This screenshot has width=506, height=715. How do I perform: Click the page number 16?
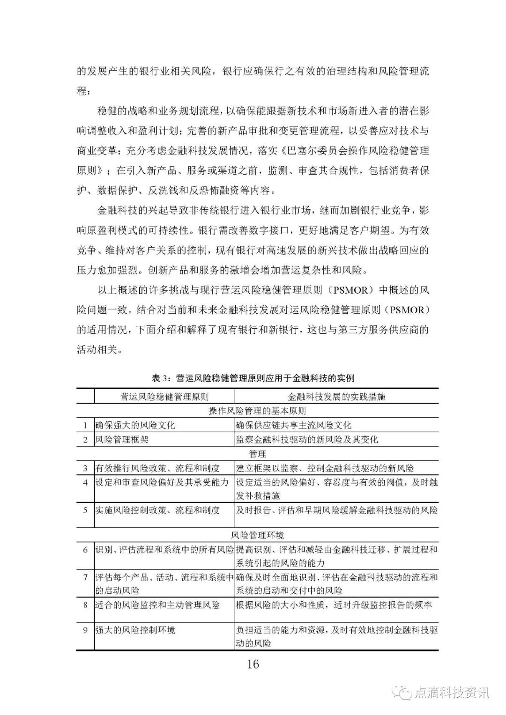(x=253, y=664)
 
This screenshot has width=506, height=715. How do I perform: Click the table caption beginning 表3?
(x=253, y=378)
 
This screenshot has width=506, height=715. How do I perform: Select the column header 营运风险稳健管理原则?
(x=164, y=397)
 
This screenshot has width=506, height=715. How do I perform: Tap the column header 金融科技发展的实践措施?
(x=336, y=397)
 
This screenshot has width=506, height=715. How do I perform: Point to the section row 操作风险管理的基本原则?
(x=257, y=411)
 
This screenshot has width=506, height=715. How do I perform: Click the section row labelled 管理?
(x=257, y=453)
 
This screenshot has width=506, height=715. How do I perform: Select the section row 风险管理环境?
(x=257, y=535)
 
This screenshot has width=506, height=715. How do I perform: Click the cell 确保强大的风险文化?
(x=135, y=425)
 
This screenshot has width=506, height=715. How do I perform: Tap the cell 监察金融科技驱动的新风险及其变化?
(x=306, y=439)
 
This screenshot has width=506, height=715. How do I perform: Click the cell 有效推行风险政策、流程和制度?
(x=157, y=468)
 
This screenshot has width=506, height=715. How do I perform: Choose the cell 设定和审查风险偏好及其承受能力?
(x=162, y=482)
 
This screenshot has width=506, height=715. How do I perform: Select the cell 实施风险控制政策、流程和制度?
(x=157, y=510)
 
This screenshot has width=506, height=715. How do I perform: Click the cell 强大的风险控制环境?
(x=135, y=630)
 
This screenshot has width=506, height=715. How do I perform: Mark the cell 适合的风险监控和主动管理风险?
(x=157, y=605)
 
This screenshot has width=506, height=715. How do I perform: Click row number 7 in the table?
(x=85, y=577)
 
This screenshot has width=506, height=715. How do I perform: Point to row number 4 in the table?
(x=85, y=482)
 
